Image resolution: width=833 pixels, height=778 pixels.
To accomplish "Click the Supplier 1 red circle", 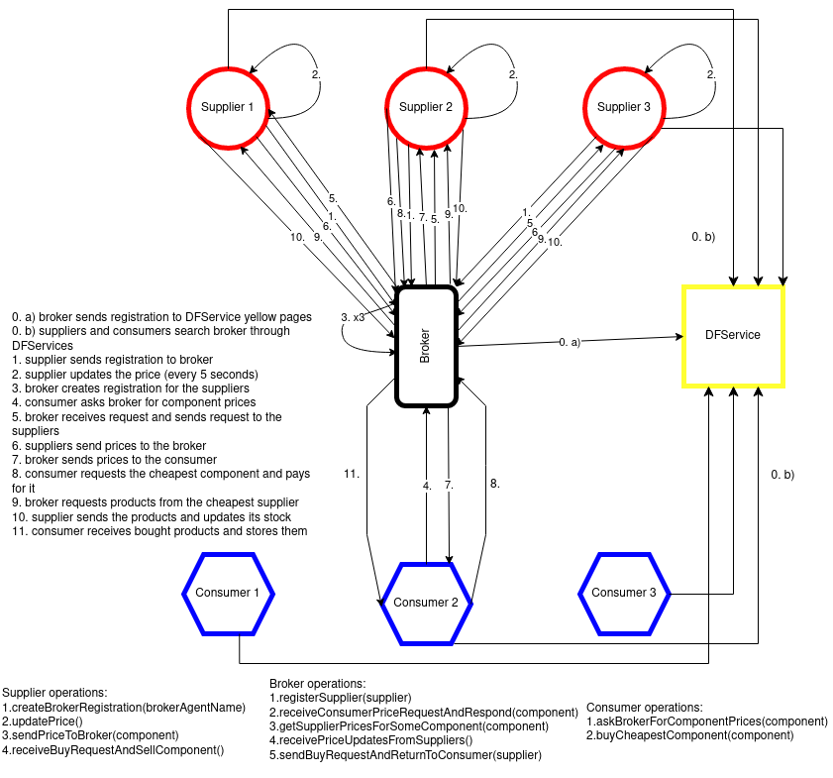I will pyautogui.click(x=228, y=107).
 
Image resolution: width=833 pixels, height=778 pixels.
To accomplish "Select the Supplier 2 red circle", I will pyautogui.click(x=426, y=107).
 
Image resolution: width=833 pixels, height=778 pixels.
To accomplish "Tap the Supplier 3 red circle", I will pyautogui.click(x=624, y=107).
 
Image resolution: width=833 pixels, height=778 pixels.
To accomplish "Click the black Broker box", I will pyautogui.click(x=426, y=346).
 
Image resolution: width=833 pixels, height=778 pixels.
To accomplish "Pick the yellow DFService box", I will pyautogui.click(x=733, y=335).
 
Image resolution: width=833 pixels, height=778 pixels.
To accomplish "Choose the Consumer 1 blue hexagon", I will pyautogui.click(x=228, y=593).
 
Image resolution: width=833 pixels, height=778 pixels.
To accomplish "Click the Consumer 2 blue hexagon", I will pyautogui.click(x=426, y=603).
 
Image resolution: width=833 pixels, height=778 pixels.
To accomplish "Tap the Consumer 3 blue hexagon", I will pyautogui.click(x=624, y=593).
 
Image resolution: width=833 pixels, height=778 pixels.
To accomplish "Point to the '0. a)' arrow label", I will pyautogui.click(x=569, y=341).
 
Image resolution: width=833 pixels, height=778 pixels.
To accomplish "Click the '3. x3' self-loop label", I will pyautogui.click(x=353, y=317).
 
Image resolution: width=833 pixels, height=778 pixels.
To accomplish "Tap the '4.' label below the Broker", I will pyautogui.click(x=427, y=486).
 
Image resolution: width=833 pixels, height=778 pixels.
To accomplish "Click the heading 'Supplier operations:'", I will pyautogui.click(x=55, y=693).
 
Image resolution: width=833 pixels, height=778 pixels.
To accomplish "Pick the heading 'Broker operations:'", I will pyautogui.click(x=317, y=684).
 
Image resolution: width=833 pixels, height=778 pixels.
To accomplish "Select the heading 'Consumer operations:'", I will pyautogui.click(x=645, y=708).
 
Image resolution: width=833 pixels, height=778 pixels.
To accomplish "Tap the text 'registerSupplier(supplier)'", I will pyautogui.click(x=340, y=698).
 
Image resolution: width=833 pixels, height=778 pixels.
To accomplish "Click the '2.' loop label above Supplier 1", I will pyautogui.click(x=316, y=75).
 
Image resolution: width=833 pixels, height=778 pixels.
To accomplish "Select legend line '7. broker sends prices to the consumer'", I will pyautogui.click(x=114, y=460).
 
